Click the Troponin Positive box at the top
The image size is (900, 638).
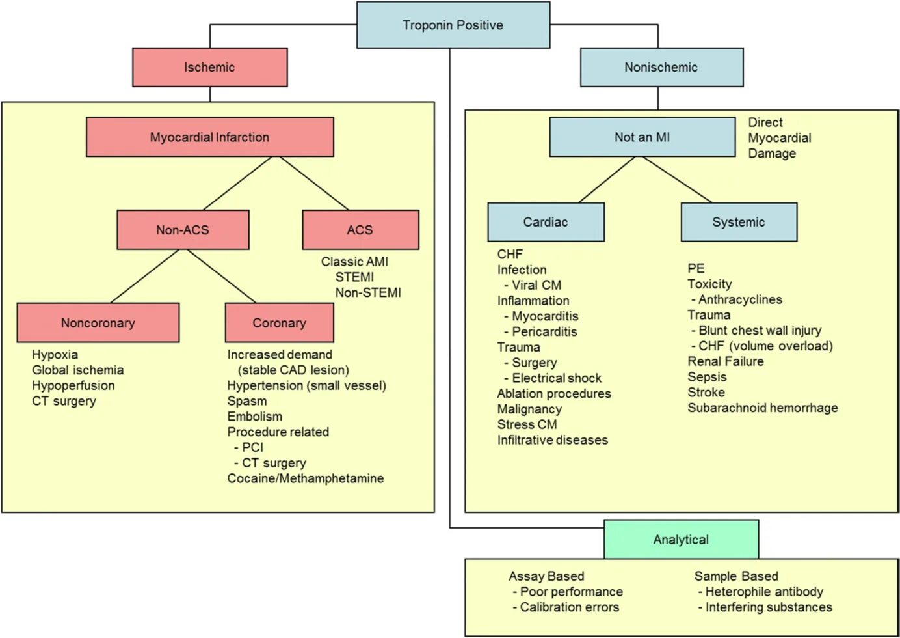coord(453,25)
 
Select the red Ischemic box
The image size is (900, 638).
coord(209,67)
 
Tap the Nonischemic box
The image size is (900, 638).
coord(661,67)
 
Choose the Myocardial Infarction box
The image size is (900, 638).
coord(209,137)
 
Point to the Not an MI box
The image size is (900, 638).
coord(642,137)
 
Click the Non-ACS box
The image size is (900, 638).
coord(183,230)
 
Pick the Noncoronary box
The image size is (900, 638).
coord(98,323)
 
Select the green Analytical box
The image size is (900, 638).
coord(681,540)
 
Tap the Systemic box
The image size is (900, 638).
coord(738,222)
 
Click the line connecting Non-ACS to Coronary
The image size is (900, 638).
coord(222,277)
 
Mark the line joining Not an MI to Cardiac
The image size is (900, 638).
coord(607,180)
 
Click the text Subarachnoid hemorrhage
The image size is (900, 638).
coord(762,408)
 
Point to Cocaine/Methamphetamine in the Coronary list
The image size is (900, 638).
coord(305,478)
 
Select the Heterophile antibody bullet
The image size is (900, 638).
coord(763,592)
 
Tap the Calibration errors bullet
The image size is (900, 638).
coord(569,607)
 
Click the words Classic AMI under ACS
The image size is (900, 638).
coord(354,262)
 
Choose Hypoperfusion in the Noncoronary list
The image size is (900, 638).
coord(73,385)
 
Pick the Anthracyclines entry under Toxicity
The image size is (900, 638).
coord(739,299)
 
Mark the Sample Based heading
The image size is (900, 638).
coord(735,576)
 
